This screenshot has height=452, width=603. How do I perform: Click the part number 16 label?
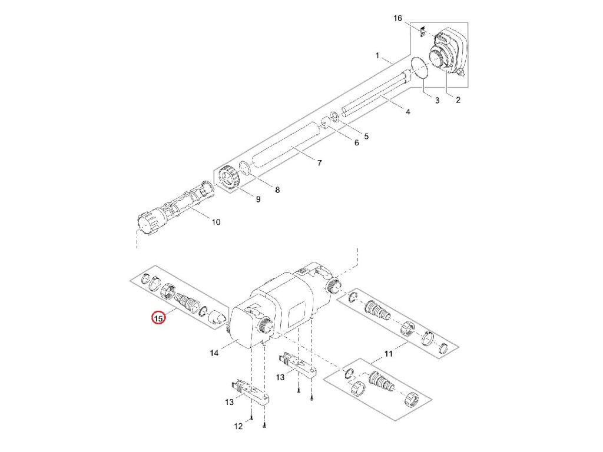[x=397, y=19]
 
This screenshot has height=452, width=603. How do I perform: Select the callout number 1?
[x=377, y=56]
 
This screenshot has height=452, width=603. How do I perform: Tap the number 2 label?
[x=458, y=100]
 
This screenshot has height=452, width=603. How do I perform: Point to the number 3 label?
[x=437, y=101]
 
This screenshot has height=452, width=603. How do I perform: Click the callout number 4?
[x=408, y=112]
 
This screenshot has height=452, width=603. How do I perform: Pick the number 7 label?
[x=320, y=163]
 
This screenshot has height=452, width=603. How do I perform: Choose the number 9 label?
[x=257, y=200]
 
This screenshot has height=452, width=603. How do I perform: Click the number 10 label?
[x=216, y=222]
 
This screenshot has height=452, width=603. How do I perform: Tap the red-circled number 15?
[x=158, y=318]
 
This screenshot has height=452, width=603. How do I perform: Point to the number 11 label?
[x=388, y=354]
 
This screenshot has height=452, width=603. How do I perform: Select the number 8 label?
[x=277, y=190]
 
